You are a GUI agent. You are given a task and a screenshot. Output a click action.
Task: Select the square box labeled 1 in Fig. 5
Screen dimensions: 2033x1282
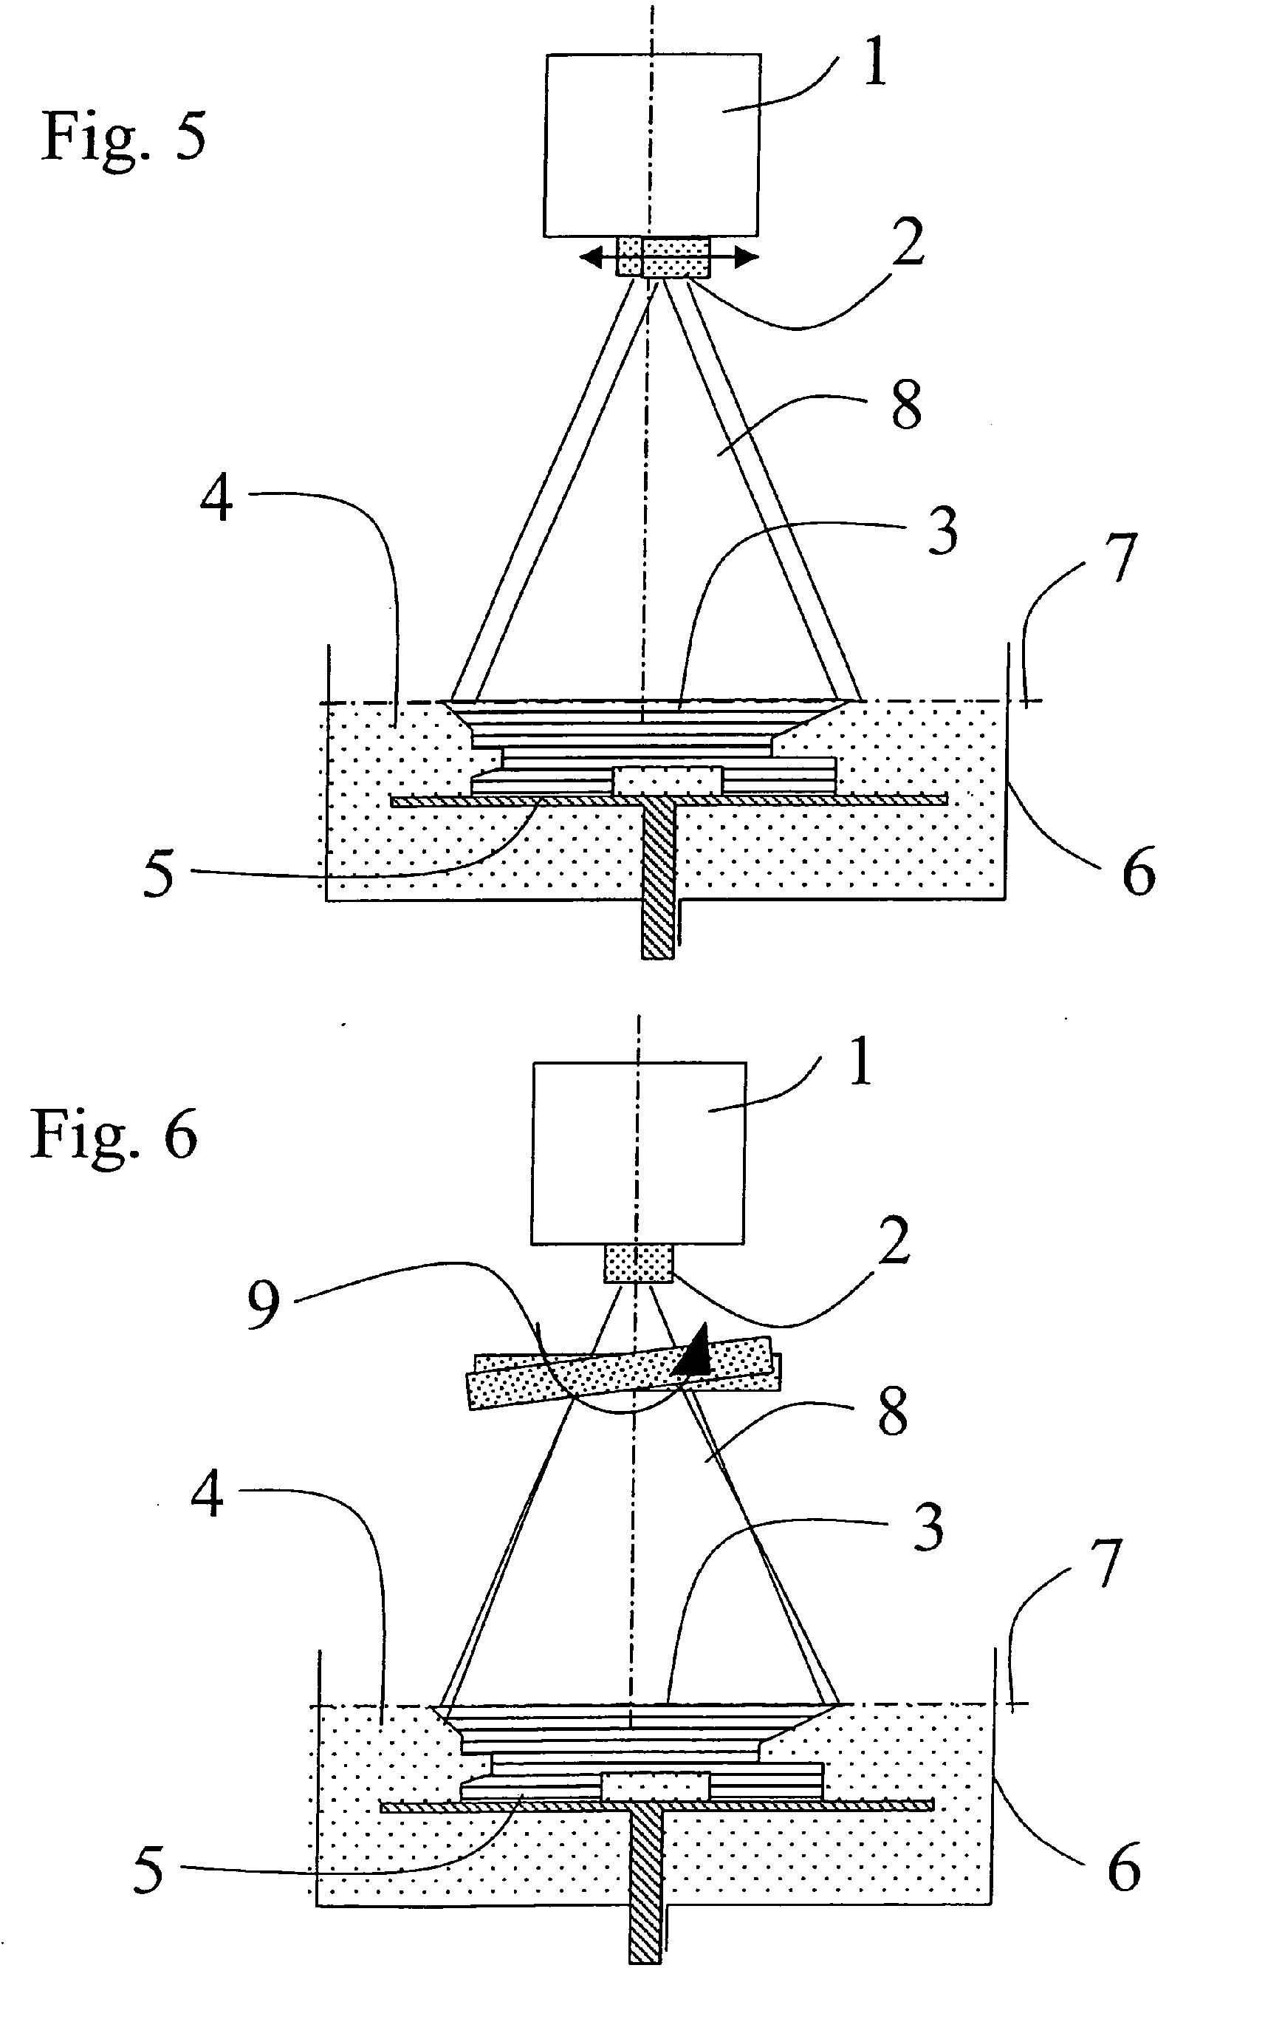[x=651, y=146]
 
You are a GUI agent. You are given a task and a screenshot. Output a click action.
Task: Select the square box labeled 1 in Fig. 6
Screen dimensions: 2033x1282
[x=638, y=1153]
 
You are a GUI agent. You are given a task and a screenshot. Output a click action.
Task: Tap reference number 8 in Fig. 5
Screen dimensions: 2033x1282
[x=905, y=406]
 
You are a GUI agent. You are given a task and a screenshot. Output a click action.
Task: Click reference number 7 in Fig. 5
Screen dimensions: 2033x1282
[x=1120, y=558]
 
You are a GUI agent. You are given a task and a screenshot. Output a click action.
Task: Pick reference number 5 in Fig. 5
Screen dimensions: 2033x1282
[x=159, y=875]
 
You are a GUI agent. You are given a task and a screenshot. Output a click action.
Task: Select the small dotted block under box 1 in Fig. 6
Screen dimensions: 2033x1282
[x=638, y=1264]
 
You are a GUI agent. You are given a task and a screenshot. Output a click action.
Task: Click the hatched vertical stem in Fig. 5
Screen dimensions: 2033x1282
[x=658, y=878]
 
